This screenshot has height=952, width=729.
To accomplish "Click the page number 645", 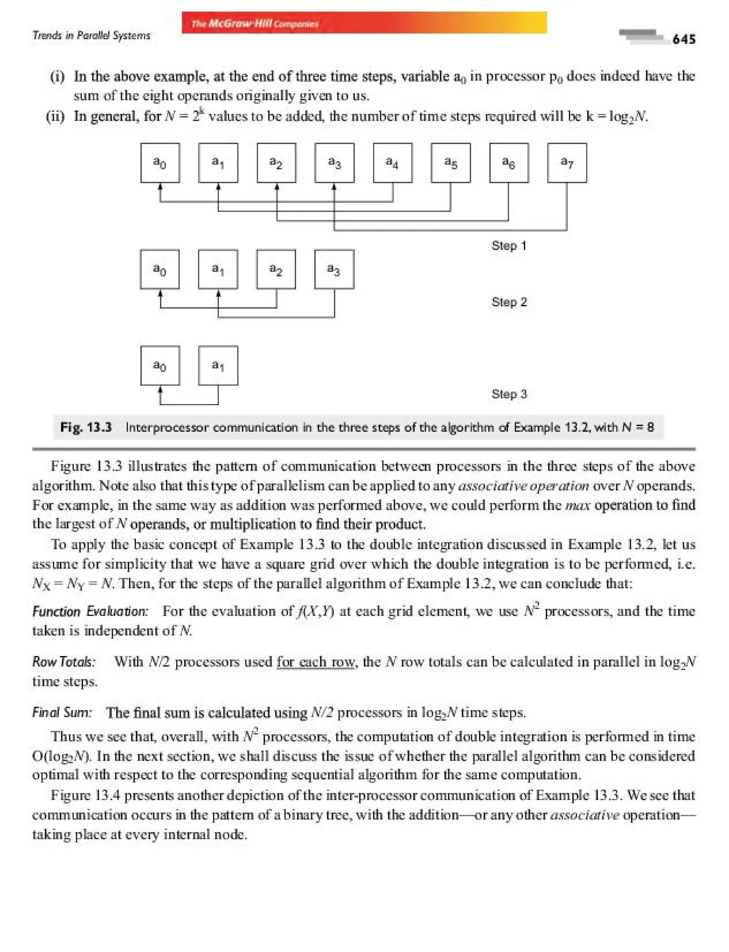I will (684, 39).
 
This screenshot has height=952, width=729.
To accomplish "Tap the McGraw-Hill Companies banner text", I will (255, 23).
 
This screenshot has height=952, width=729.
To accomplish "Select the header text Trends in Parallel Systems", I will (91, 36).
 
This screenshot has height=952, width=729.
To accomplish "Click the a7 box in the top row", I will (567, 163).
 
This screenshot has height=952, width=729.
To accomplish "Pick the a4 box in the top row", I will (392, 163).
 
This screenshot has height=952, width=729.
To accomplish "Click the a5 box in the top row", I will (450, 163).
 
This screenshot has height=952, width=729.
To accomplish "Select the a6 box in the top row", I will (509, 163).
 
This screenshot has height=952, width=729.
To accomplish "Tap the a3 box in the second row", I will (334, 269).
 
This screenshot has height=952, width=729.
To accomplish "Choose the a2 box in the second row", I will (276, 269).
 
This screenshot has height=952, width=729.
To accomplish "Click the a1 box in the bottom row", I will (218, 365).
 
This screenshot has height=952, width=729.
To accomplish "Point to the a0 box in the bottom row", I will (160, 365).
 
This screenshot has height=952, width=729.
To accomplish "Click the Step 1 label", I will (509, 245).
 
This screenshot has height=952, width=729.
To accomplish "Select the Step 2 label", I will (509, 302).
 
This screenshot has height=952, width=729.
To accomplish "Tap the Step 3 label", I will (509, 394).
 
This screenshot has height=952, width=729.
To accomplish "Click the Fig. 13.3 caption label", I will (86, 427).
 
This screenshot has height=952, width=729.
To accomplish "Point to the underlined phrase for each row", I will (315, 662).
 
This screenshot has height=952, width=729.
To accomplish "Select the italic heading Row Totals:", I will (64, 662).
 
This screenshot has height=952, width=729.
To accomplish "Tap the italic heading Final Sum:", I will (62, 713).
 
